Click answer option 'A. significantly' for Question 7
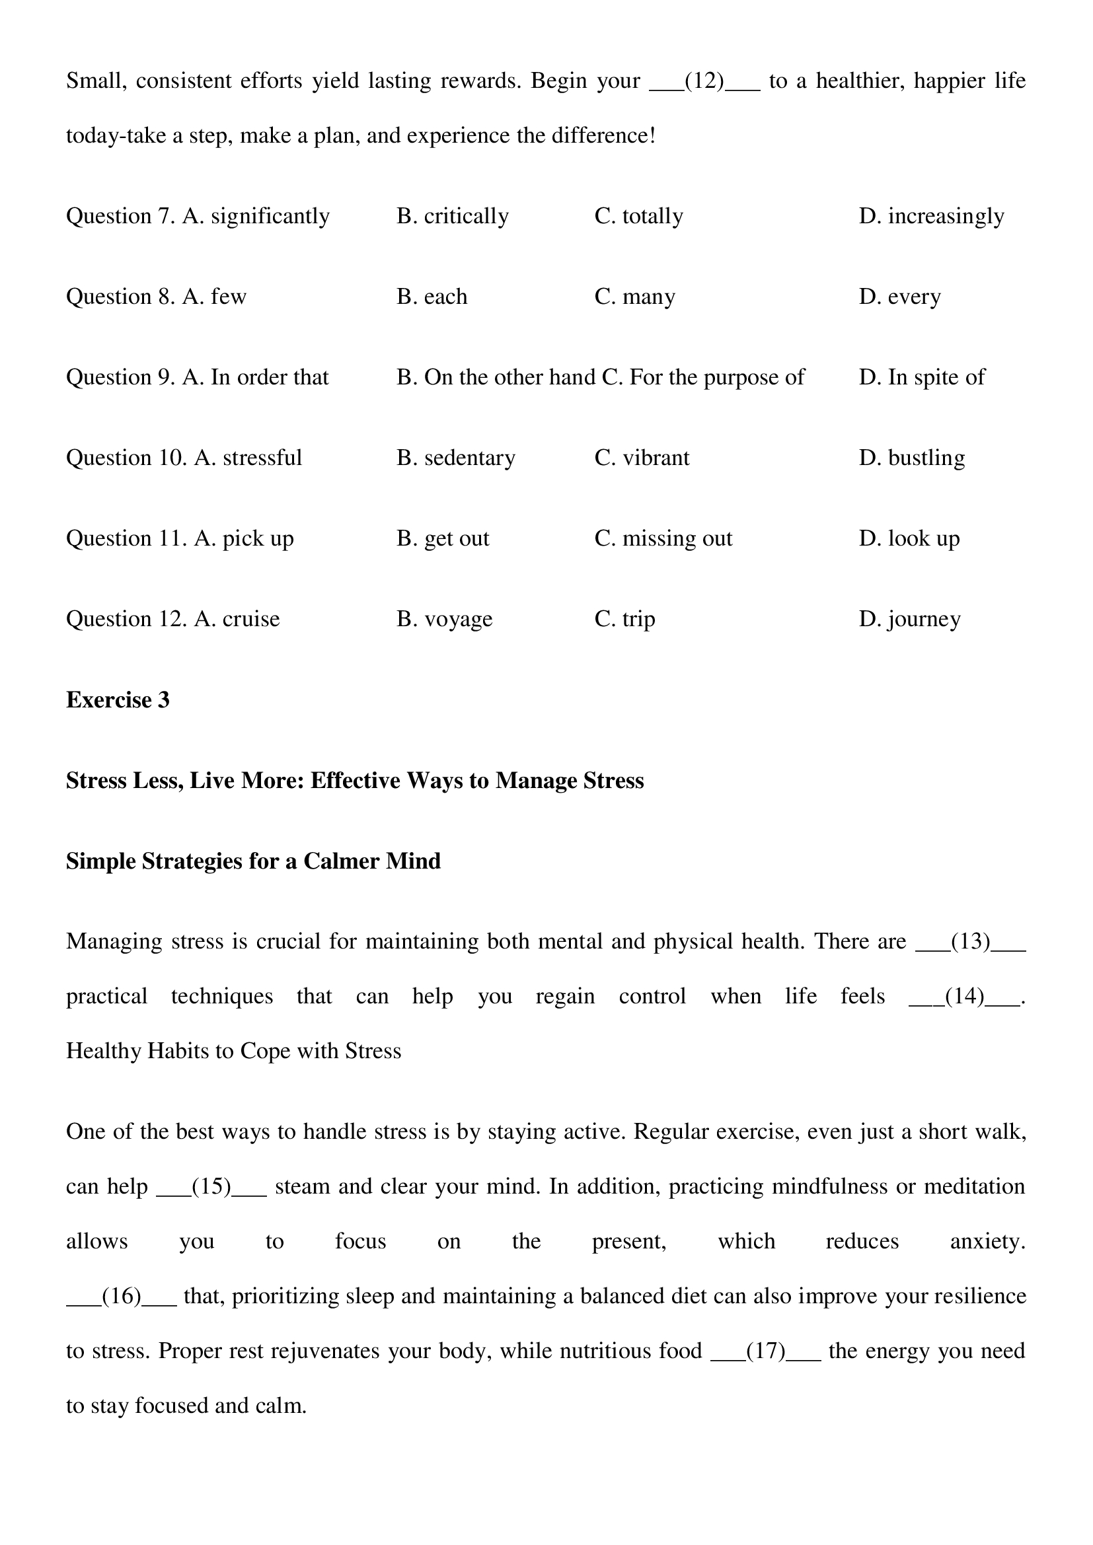(x=256, y=216)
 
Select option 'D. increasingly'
(x=931, y=216)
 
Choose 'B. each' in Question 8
(x=432, y=297)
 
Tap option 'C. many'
(x=634, y=297)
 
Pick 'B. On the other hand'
(x=496, y=378)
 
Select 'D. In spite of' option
(x=921, y=378)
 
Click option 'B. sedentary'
(x=456, y=458)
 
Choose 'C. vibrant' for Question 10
(x=642, y=458)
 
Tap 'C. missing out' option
(x=663, y=539)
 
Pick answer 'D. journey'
(x=909, y=619)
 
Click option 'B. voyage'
(x=444, y=619)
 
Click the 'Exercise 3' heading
(x=118, y=700)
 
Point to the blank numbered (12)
(x=704, y=81)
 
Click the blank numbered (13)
(x=971, y=941)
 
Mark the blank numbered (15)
(x=211, y=1186)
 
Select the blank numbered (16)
(x=121, y=1296)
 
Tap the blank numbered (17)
(x=765, y=1351)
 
